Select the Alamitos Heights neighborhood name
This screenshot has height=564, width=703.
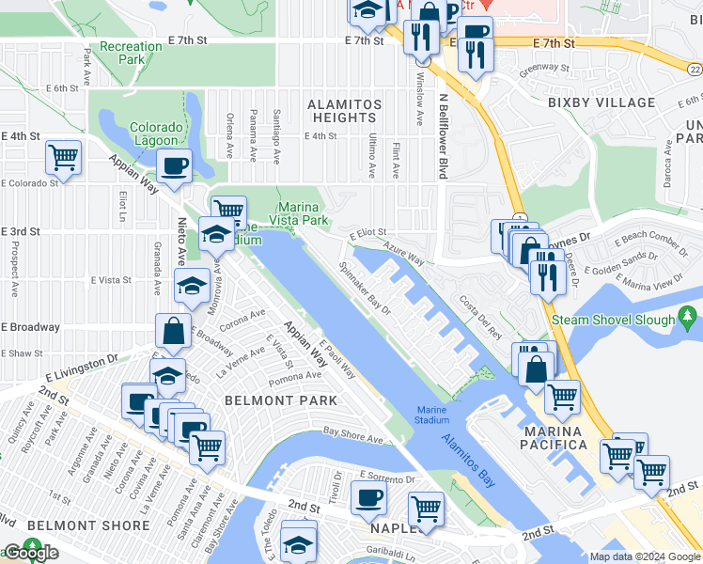tap(346, 111)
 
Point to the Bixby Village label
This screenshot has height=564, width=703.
tap(601, 102)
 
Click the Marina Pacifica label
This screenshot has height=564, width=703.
tap(556, 436)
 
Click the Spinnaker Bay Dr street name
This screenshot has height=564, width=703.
tap(365, 290)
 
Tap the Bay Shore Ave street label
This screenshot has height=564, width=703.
tap(353, 434)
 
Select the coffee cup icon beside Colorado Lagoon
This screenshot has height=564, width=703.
tap(174, 166)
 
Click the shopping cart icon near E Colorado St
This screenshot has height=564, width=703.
tap(63, 157)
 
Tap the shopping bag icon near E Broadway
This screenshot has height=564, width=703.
tap(174, 331)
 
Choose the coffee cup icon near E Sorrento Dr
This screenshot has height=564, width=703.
tap(368, 497)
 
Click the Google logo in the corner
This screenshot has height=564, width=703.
tap(31, 553)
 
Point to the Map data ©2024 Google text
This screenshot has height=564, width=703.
tap(644, 556)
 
